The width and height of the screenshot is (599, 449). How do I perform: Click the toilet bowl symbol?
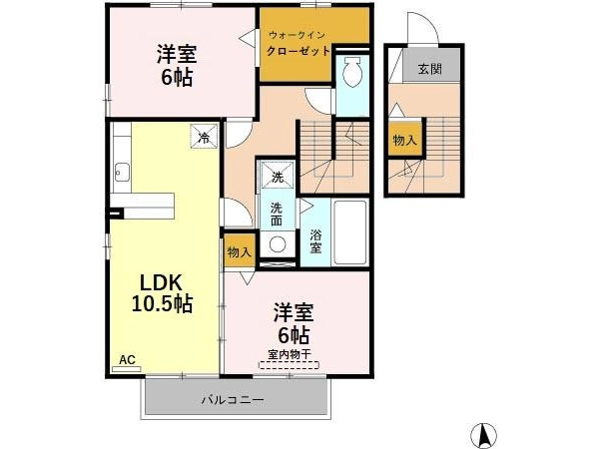351,72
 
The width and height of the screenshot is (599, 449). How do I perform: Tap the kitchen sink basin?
122,173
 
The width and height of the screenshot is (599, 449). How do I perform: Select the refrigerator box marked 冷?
205,137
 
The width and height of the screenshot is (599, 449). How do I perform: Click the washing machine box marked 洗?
278,175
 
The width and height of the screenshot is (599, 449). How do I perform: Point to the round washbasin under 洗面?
278,244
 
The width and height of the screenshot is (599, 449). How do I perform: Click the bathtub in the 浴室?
350,232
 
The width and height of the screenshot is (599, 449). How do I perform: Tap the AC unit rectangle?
127,369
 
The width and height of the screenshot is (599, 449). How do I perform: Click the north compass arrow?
483,434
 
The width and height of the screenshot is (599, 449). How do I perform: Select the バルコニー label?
233,400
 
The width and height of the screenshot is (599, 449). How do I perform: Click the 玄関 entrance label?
429,69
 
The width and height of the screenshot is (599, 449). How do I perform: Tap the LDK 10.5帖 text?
161,293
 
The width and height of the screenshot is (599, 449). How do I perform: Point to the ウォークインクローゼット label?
298,43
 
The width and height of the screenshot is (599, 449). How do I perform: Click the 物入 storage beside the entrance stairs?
404,140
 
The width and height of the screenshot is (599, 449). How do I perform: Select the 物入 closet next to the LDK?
240,251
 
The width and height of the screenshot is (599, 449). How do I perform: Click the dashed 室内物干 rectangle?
289,364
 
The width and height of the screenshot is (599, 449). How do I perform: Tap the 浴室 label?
315,240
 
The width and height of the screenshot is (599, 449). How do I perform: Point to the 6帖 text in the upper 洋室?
177,78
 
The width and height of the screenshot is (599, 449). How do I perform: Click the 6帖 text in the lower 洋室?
294,335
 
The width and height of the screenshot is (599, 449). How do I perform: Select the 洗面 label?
277,215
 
